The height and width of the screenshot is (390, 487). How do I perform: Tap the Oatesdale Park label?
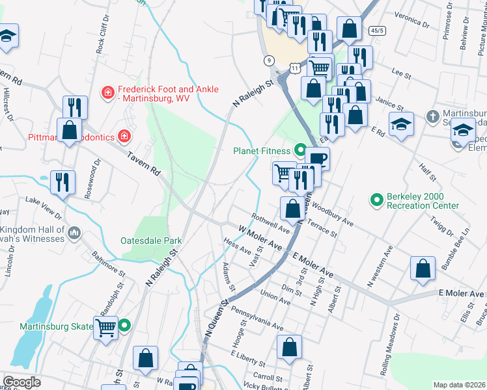(x=151, y=240)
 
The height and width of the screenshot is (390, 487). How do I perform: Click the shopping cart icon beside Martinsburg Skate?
(x=105, y=327)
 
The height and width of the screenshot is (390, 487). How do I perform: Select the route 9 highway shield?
(x=269, y=60)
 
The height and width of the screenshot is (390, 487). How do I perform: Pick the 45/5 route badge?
(x=377, y=31)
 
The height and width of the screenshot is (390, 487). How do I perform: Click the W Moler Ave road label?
(x=260, y=239)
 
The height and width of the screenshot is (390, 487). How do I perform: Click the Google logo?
(x=21, y=382)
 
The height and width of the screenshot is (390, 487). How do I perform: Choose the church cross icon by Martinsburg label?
(x=432, y=117)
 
